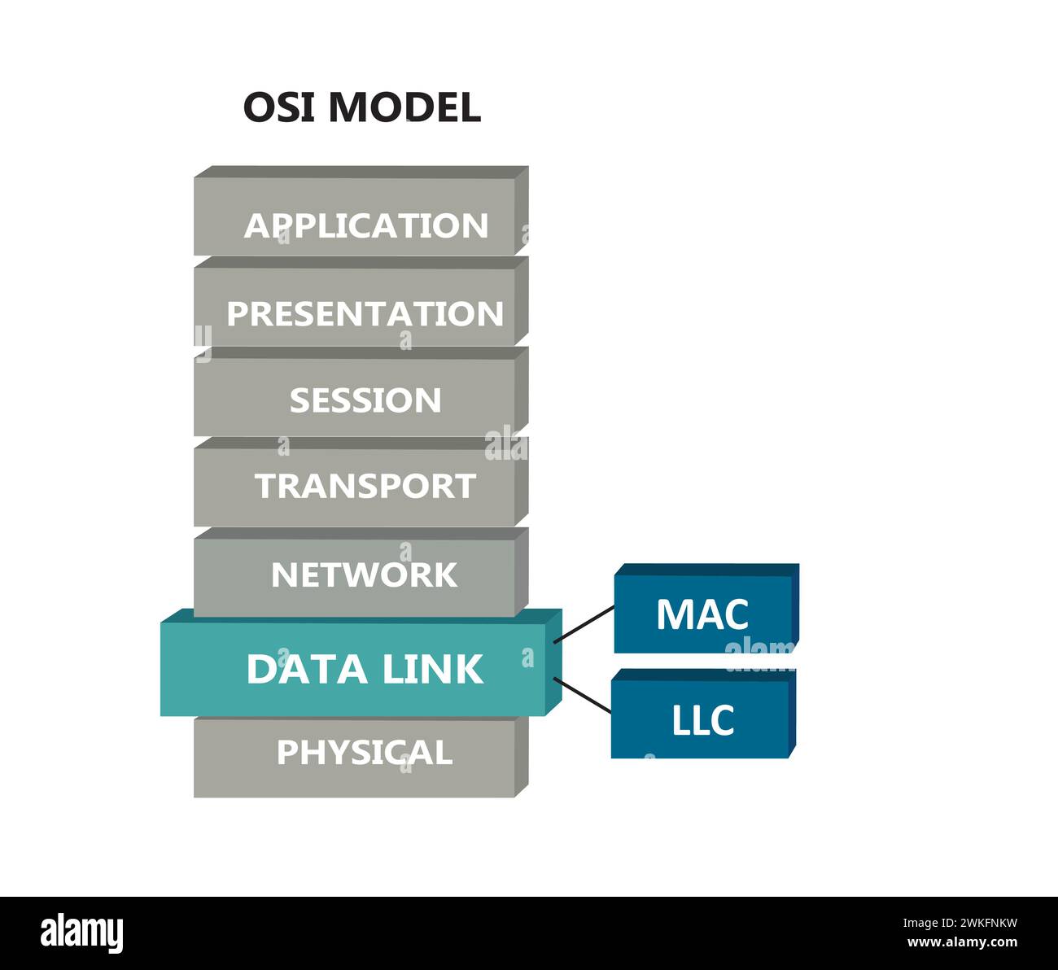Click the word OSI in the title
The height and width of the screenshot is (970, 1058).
pyautogui.click(x=279, y=107)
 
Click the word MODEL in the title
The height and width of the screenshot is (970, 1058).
pyautogui.click(x=404, y=107)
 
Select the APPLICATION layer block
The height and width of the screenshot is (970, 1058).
pyautogui.click(x=361, y=211)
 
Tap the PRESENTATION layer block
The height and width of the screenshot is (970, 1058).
pyautogui.click(x=361, y=301)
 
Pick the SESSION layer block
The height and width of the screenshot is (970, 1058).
pyautogui.click(x=361, y=391)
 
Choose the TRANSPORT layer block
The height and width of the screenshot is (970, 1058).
pyautogui.click(x=361, y=482)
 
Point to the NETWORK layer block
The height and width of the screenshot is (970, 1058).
pyautogui.click(x=361, y=572)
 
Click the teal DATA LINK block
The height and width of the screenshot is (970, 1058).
pyautogui.click(x=361, y=662)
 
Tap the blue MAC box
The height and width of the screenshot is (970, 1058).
pyautogui.click(x=706, y=608)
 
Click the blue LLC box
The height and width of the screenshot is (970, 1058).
pyautogui.click(x=704, y=714)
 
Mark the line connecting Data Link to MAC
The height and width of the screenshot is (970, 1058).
pyautogui.click(x=584, y=624)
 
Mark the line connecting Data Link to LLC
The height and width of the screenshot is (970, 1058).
pyautogui.click(x=582, y=695)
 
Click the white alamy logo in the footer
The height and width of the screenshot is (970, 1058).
pyautogui.click(x=81, y=933)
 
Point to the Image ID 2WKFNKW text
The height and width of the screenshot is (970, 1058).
pyautogui.click(x=960, y=923)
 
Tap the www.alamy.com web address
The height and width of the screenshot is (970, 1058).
pyautogui.click(x=962, y=942)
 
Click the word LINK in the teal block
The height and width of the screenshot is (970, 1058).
pyautogui.click(x=432, y=669)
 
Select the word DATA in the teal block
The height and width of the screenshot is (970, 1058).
pyautogui.click(x=307, y=669)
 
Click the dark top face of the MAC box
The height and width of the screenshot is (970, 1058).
pyautogui.click(x=707, y=570)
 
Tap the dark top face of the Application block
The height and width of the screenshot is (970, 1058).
pyautogui.click(x=361, y=172)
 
